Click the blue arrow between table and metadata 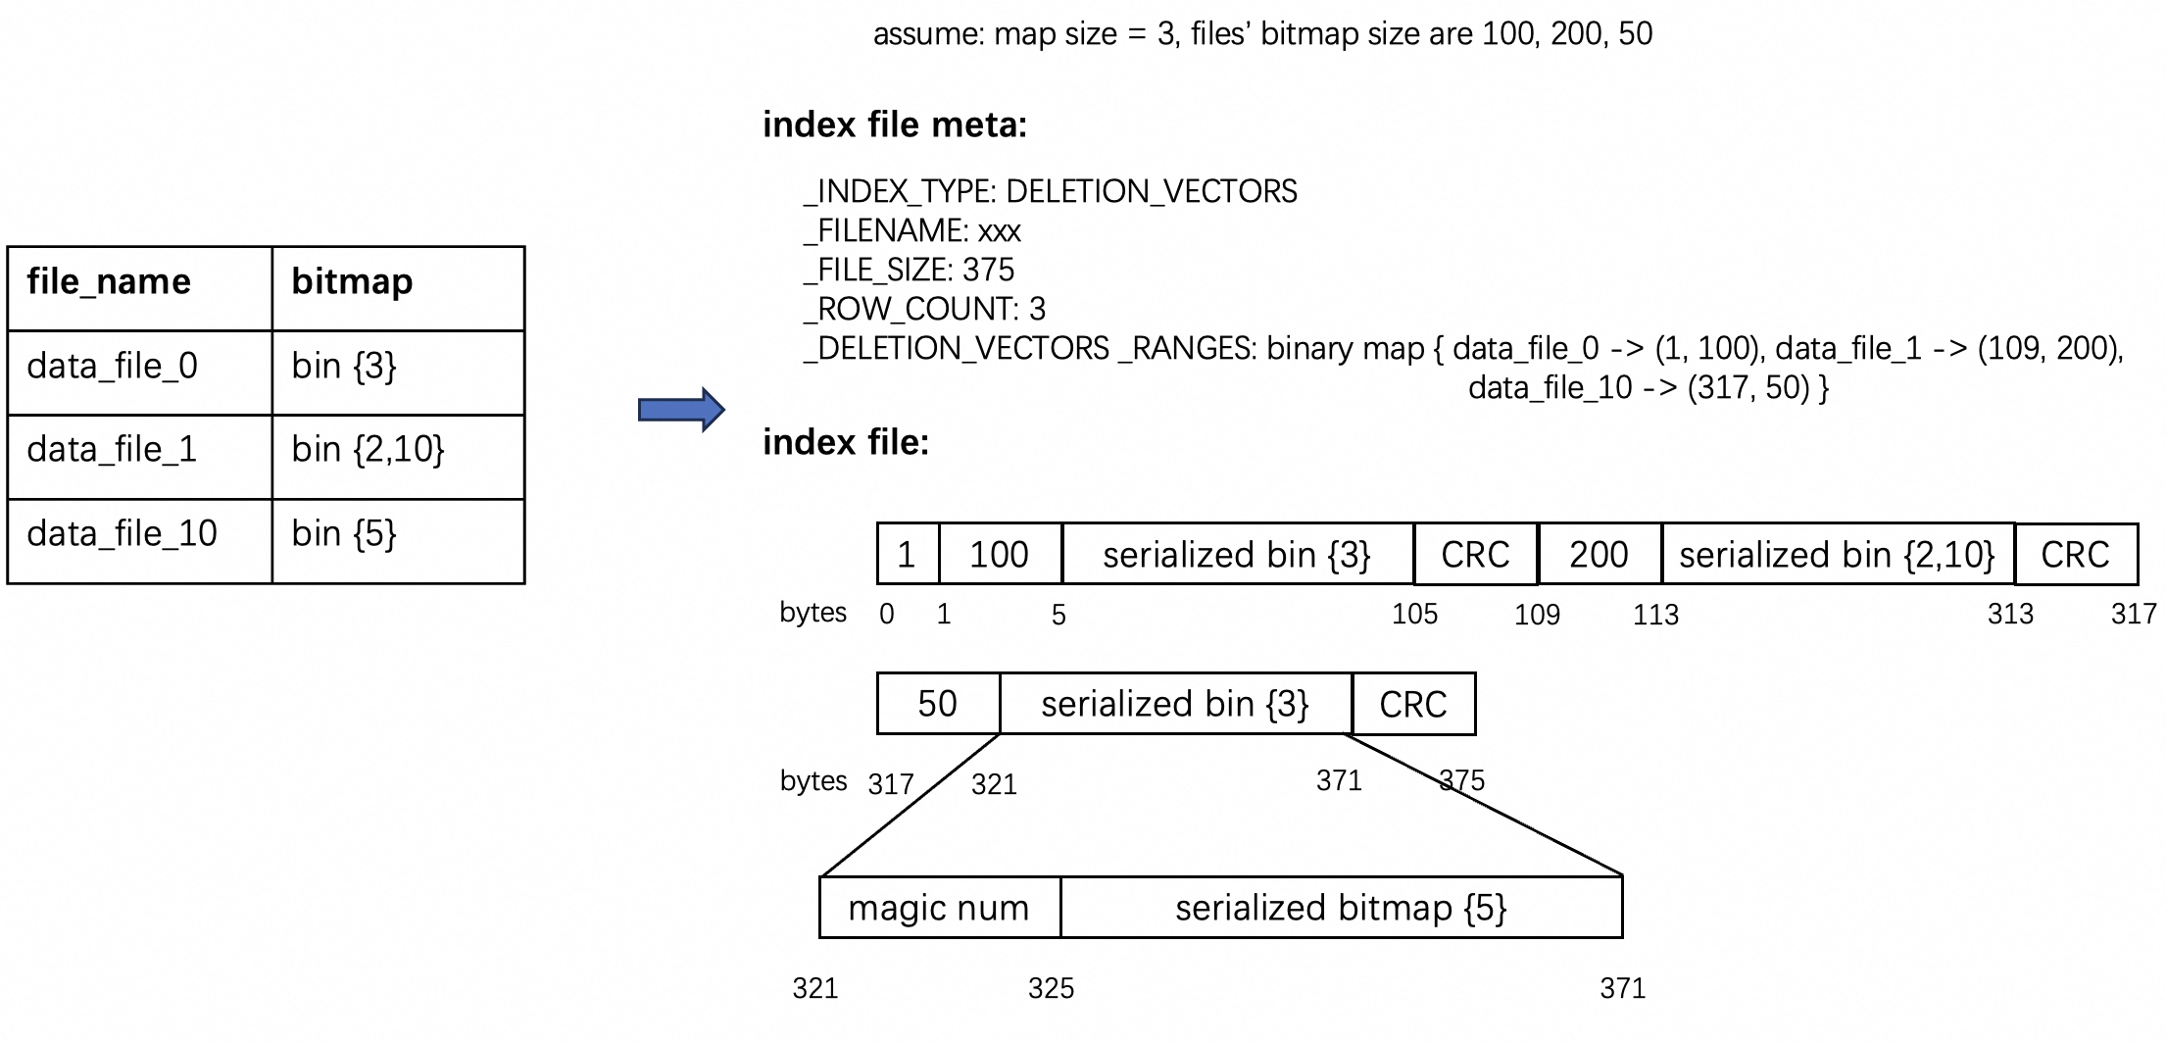681,410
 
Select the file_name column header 109,282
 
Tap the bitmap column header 352,282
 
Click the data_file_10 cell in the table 122,534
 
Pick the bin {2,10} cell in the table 368,450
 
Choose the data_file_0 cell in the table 112,367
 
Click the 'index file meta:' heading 894,125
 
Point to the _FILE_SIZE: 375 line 909,270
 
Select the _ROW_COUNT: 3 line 924,309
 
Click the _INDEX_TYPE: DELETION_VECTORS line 1050,191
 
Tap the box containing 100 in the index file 999,555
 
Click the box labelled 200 1599,555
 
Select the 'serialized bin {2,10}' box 1837,555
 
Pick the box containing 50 937,704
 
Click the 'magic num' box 939,908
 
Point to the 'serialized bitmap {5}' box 1341,908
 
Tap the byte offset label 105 1414,615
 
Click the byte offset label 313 2010,615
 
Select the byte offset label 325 1051,988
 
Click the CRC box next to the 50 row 1412,704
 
